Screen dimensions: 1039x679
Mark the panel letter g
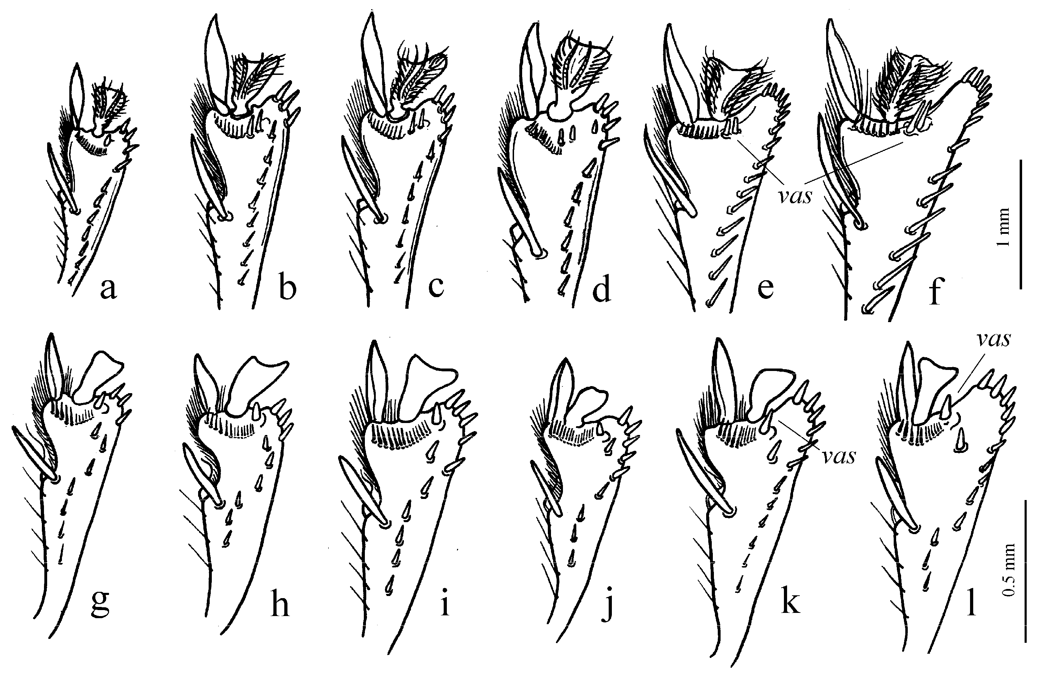pos(100,602)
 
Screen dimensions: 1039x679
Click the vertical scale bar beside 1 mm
pos(1021,224)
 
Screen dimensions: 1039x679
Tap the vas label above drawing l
pos(994,339)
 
